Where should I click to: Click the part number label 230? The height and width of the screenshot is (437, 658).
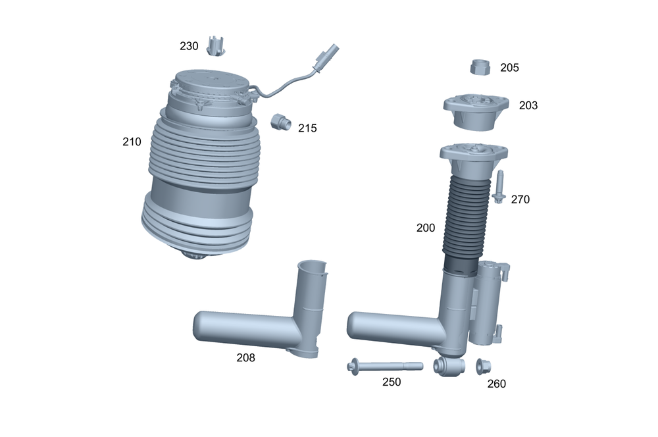point(189,47)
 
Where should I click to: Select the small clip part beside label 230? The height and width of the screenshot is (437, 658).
point(216,46)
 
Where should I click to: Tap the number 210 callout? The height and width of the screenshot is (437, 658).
point(132,141)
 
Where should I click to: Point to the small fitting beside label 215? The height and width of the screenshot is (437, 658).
point(281,122)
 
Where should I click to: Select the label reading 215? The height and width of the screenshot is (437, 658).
point(307,128)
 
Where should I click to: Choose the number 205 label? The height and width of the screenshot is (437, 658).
point(509,68)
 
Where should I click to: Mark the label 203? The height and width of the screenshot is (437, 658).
point(528,105)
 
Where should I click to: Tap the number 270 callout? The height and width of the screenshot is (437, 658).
point(520,199)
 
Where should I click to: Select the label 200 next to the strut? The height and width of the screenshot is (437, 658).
point(426,228)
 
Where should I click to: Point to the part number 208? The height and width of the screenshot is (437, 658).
point(245,358)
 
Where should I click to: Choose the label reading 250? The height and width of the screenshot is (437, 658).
point(392,382)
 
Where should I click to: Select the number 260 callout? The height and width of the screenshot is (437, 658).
point(497,384)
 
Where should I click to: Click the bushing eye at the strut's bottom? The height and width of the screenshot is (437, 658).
point(449,367)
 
